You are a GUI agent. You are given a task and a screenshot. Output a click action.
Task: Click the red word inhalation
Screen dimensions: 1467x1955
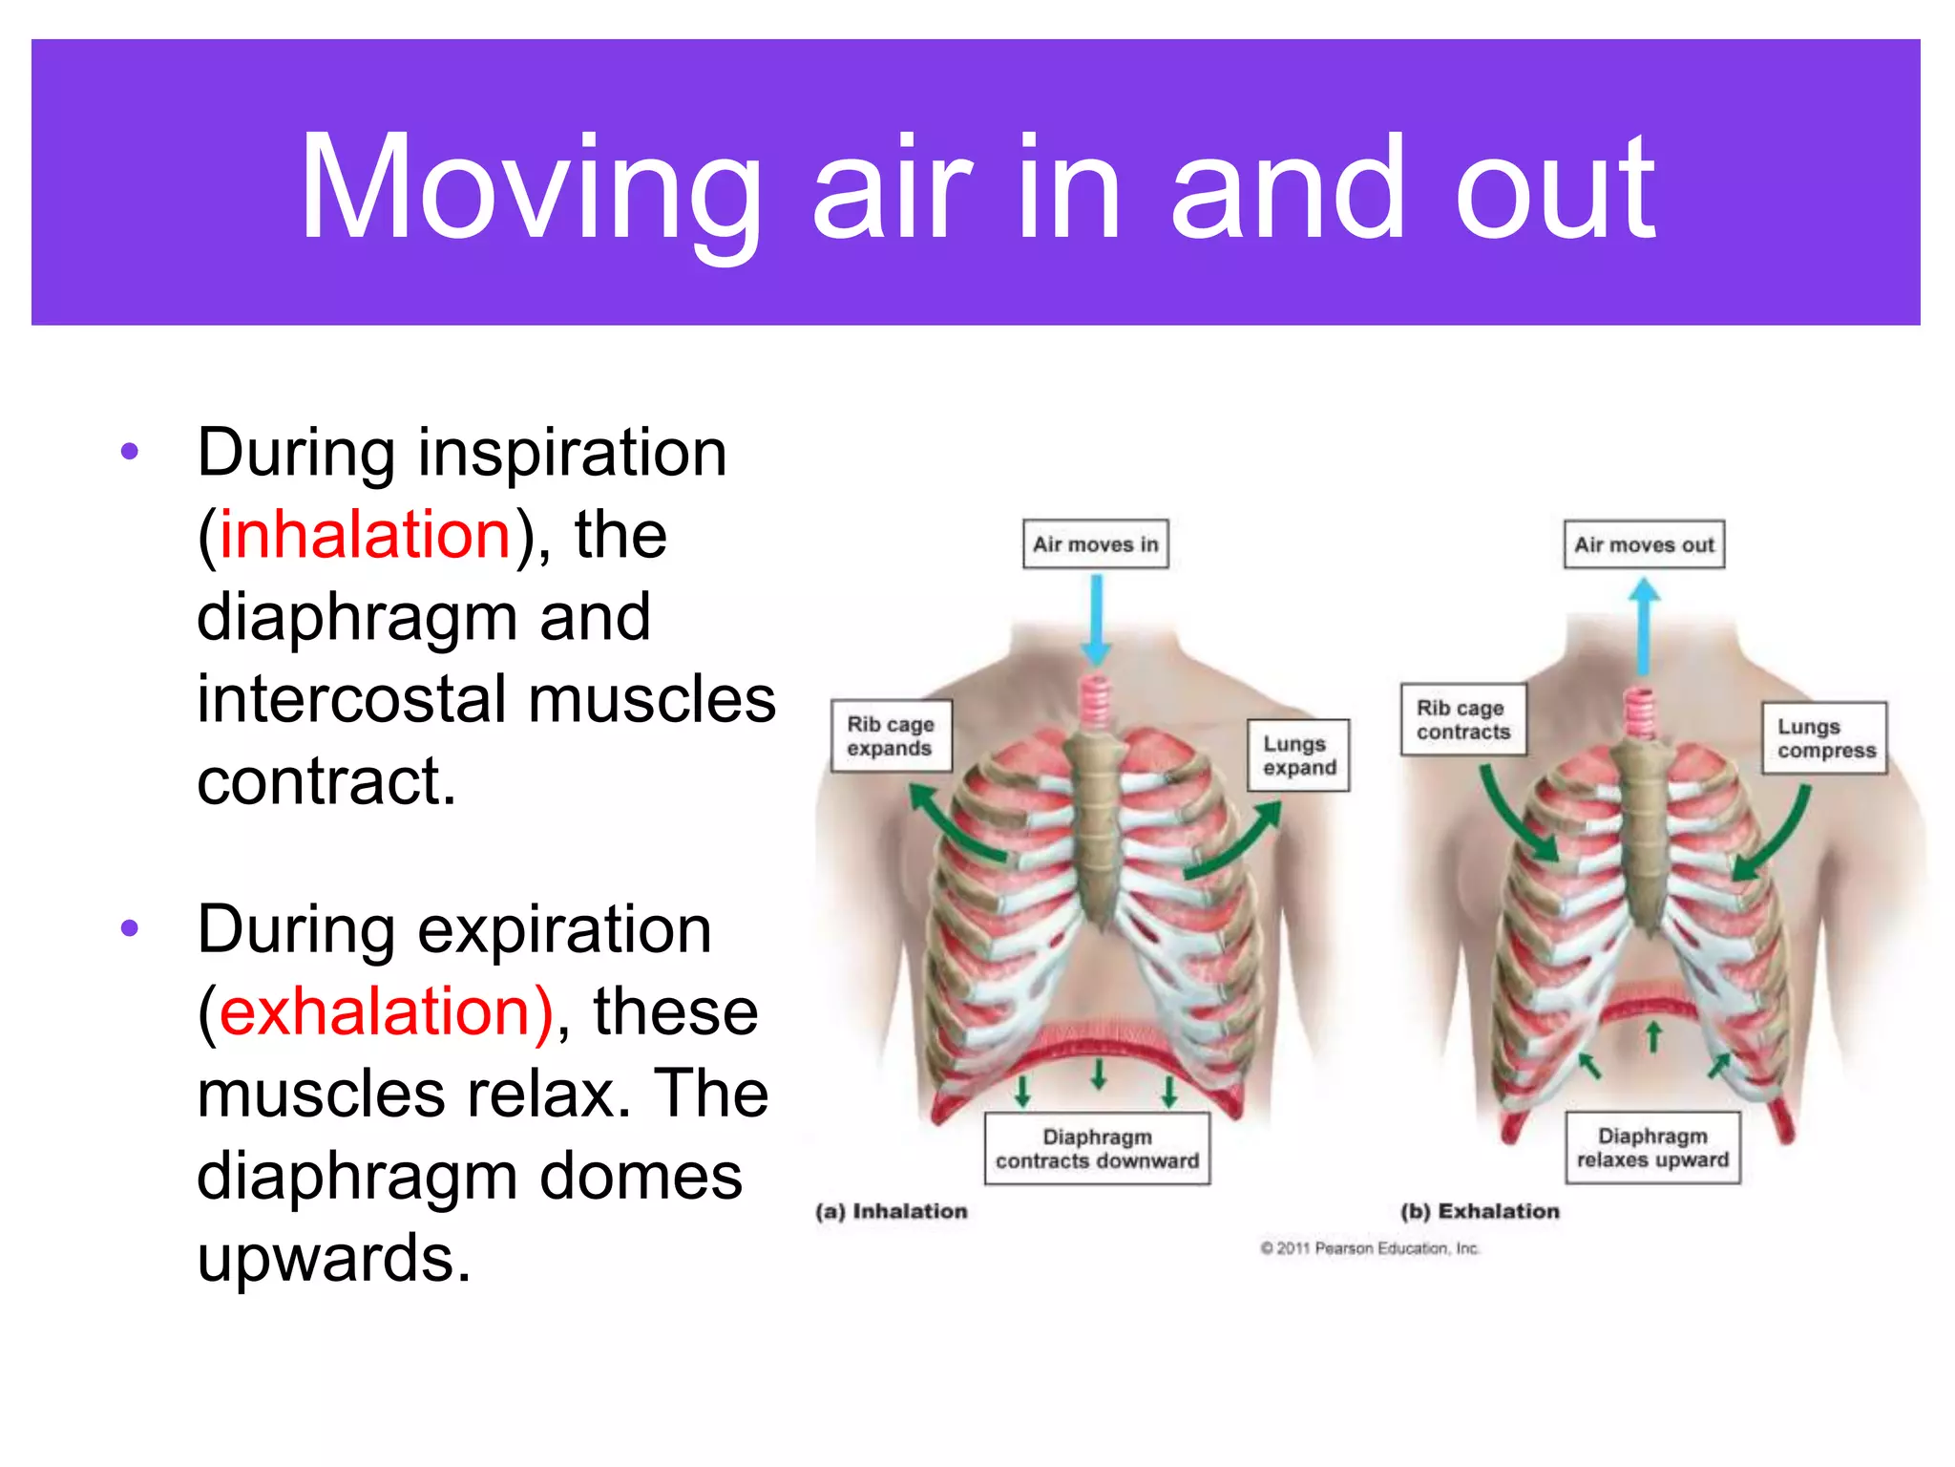tap(365, 534)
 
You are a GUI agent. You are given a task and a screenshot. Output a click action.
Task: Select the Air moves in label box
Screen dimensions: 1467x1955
tap(1095, 544)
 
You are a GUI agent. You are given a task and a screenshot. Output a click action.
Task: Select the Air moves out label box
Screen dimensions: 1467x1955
tap(1643, 544)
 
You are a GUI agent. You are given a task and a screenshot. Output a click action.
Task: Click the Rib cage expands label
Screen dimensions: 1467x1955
tap(891, 736)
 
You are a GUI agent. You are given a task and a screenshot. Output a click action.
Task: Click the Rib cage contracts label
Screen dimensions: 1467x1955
tap(1462, 720)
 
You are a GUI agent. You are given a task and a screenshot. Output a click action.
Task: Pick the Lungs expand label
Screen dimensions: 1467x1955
tap(1298, 755)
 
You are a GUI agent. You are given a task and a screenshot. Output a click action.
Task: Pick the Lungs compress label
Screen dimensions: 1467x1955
tap(1824, 738)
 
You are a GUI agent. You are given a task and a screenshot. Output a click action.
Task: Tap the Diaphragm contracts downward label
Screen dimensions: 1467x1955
tap(1097, 1148)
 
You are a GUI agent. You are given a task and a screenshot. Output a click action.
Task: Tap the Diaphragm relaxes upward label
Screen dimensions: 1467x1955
tap(1652, 1147)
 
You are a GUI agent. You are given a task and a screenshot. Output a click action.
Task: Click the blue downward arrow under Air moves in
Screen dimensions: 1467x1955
tap(1096, 621)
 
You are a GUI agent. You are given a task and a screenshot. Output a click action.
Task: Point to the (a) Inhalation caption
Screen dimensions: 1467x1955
tap(891, 1211)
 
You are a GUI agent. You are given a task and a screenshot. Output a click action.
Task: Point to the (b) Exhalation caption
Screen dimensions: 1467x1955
tap(1480, 1211)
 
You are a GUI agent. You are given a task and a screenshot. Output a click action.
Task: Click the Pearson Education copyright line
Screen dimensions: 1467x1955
tap(1370, 1248)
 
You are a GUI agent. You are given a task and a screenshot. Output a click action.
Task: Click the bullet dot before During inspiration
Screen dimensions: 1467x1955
tap(131, 451)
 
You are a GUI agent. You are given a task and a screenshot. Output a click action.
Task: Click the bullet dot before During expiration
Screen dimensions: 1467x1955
tap(131, 927)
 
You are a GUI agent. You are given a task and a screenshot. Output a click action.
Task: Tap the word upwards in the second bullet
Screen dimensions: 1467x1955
tap(334, 1258)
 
